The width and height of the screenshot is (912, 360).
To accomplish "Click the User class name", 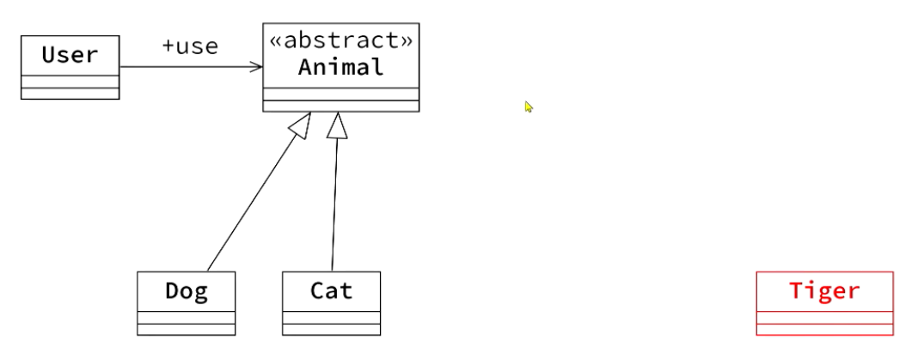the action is [x=70, y=55].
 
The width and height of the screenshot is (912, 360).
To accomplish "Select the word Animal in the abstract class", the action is [x=340, y=67].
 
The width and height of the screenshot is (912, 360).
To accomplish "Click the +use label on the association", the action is [x=189, y=46].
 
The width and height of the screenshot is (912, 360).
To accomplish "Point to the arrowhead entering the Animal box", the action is [x=257, y=67].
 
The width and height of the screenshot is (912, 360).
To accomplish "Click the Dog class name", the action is [x=186, y=291].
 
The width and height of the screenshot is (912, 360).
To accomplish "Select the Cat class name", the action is [x=331, y=291].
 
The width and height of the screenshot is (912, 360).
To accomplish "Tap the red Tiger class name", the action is [x=823, y=290].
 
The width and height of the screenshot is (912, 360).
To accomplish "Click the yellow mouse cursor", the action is [x=529, y=107].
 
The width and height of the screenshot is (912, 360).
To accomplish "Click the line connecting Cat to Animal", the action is [x=334, y=206].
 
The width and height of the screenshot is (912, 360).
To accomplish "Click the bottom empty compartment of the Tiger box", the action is [x=823, y=329].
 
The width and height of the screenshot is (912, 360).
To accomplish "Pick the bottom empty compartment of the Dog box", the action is [x=186, y=329].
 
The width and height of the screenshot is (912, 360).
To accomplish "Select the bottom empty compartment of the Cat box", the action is [x=331, y=329].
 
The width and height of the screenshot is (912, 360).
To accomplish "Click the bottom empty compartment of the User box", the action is [x=70, y=94].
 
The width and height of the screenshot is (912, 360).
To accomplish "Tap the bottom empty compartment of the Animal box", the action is [x=340, y=107].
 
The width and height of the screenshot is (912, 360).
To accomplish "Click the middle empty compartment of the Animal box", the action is [x=340, y=94].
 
